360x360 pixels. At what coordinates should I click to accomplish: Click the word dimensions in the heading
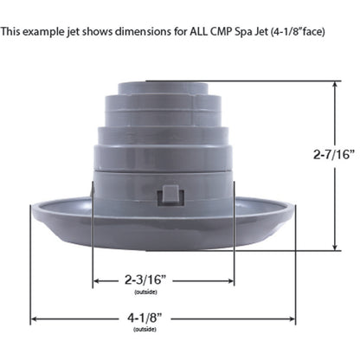pyautogui.click(x=138, y=34)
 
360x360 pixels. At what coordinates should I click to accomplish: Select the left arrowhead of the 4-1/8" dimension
pyautogui.click(x=34, y=318)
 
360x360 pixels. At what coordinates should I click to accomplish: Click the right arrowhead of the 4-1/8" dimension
pyautogui.click(x=323, y=318)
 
